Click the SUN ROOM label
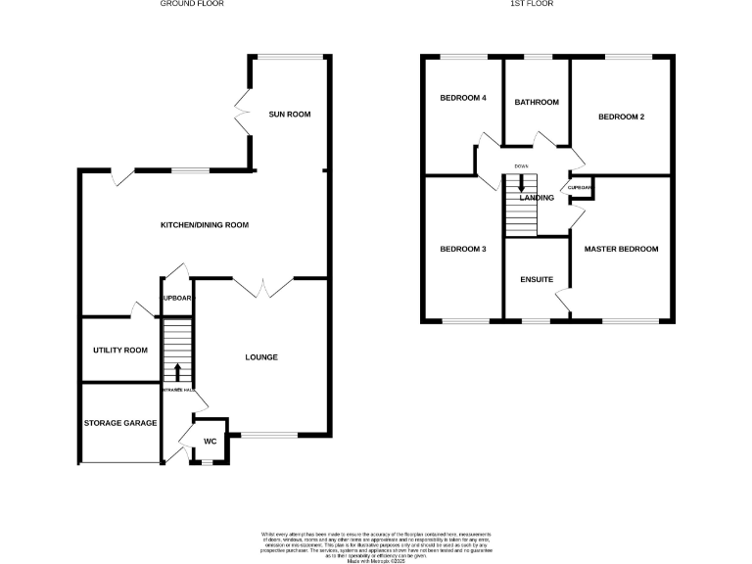coord(290,115)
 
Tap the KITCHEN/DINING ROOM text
coord(205,225)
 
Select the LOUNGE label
coord(261,357)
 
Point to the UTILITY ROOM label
coord(119,351)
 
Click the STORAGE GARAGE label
coord(119,423)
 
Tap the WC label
coord(210,442)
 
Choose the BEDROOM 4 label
coord(463,98)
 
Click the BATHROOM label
coord(537,103)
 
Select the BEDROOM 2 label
coord(622,117)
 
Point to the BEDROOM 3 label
coord(463,250)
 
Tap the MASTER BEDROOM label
coord(621,250)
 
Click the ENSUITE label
coord(537,280)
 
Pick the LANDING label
coord(537,198)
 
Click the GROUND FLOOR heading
coord(192,4)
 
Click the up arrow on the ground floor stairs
coord(178,372)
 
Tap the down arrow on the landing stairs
coord(521,183)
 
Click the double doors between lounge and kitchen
coord(263,285)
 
